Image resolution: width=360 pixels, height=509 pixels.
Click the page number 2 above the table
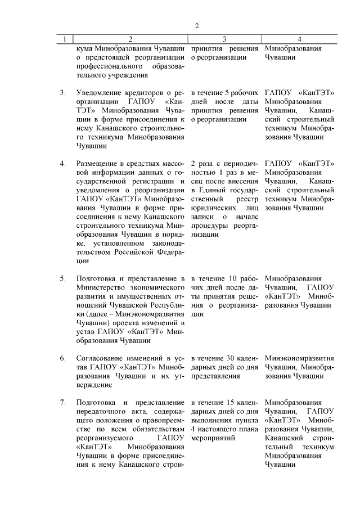197,26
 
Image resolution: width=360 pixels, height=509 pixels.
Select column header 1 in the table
65,39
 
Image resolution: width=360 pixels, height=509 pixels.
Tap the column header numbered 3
224,39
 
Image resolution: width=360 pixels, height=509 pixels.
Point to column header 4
299,39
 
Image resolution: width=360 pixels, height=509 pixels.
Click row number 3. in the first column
63,92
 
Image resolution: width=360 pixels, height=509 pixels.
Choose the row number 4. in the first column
63,163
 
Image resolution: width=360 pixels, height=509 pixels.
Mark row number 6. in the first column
63,358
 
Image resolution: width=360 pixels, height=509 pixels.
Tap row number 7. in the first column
63,402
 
